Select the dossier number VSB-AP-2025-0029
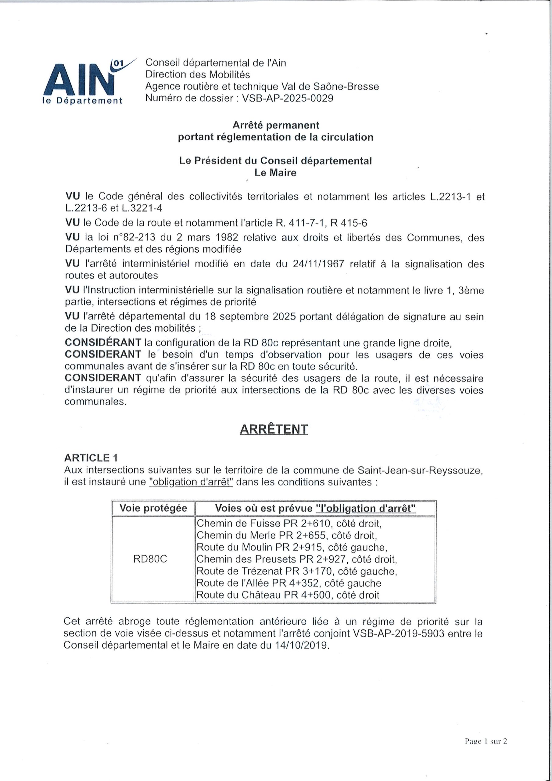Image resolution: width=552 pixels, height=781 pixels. pos(287,98)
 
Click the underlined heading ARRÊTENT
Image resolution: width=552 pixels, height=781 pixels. pos(274,429)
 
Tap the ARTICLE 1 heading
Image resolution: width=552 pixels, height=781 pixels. pos(91,458)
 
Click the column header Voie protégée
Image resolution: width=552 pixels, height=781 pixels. pos(153,508)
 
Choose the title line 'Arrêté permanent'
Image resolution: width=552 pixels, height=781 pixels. pos(275,125)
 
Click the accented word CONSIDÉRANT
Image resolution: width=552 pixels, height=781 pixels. pos(103,343)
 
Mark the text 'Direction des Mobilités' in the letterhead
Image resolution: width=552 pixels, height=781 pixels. pos(198,74)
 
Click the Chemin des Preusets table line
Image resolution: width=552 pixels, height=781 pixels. pos(296,559)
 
